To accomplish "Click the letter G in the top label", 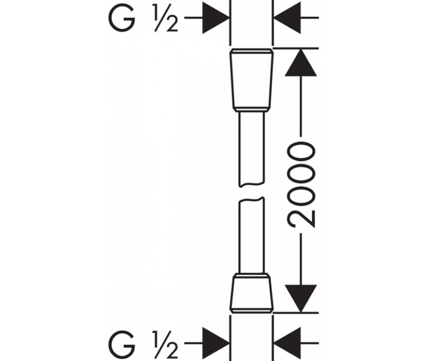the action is point(122,17).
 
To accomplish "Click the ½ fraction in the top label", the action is point(165,17).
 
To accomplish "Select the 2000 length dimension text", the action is point(301,185).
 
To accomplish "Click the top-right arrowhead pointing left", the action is point(287,18).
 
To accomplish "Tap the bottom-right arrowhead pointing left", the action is point(287,343).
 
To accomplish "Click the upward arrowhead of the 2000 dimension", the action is point(300,62).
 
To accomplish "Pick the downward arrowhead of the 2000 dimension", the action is point(300,299).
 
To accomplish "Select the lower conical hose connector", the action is point(251,295).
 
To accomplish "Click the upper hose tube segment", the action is point(251,149).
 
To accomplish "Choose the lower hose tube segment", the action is point(251,235).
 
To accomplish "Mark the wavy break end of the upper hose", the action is point(251,184).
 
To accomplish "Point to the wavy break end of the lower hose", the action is point(251,200).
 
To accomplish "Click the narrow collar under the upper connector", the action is point(251,109).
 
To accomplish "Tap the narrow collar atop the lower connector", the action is point(251,275).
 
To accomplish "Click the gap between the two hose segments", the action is point(251,192).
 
